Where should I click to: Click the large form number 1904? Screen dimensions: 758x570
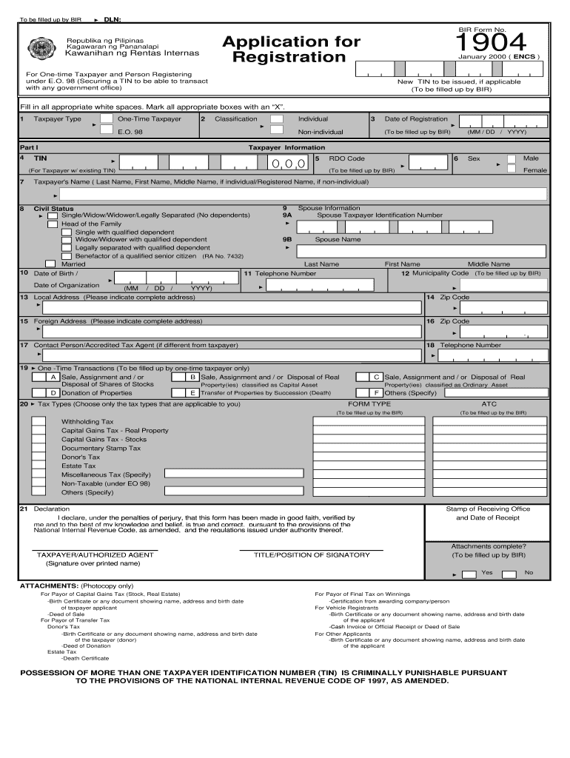click(x=490, y=41)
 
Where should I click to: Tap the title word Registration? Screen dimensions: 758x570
click(x=289, y=57)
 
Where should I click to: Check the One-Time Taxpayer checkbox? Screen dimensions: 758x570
click(x=107, y=118)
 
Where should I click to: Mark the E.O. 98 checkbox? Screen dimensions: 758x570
click(x=107, y=131)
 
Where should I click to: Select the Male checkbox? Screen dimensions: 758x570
click(x=512, y=158)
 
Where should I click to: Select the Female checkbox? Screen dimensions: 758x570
click(x=512, y=169)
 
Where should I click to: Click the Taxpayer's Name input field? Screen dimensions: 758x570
click(x=304, y=195)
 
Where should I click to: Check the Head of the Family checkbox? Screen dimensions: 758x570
click(x=53, y=224)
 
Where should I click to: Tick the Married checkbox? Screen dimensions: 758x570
click(x=50, y=264)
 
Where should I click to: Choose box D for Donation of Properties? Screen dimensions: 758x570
click(x=53, y=393)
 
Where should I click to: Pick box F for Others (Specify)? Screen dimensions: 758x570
click(x=377, y=393)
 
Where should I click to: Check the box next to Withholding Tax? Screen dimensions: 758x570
click(x=38, y=422)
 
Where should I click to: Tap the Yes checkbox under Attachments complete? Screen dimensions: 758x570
click(x=469, y=574)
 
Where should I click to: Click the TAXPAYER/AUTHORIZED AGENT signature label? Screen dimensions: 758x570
click(x=95, y=554)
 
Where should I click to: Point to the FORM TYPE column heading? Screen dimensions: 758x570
click(x=369, y=404)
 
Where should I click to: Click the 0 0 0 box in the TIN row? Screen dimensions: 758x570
click(x=289, y=164)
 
